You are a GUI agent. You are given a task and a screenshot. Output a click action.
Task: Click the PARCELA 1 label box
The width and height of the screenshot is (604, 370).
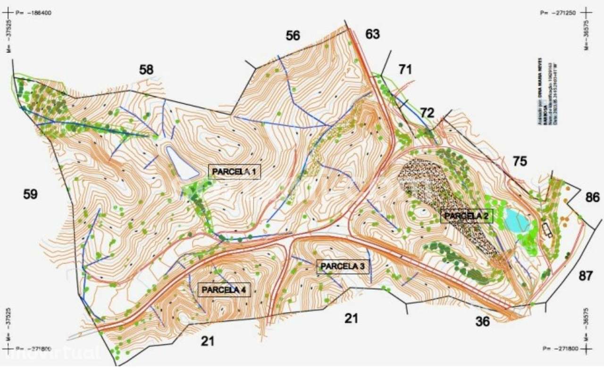pos(235,172)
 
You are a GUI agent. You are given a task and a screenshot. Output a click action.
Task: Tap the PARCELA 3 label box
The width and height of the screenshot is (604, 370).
pos(343,267)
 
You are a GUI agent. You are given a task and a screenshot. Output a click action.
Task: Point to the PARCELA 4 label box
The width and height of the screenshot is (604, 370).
pos(224,289)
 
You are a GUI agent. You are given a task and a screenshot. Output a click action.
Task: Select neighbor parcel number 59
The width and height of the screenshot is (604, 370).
pos(31,194)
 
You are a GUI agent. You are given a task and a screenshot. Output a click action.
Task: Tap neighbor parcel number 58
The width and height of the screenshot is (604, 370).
pos(146,70)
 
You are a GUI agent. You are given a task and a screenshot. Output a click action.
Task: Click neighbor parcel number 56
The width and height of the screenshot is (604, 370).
pos(293,35)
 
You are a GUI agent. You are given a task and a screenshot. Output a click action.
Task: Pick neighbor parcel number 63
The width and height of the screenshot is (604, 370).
pos(372,34)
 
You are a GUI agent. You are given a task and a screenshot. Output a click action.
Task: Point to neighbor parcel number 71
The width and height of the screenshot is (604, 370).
pos(405,70)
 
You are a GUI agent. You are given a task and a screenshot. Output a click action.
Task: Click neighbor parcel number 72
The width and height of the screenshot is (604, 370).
pos(427,113)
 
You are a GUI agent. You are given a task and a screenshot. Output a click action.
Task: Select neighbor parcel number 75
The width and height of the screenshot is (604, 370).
pos(520,161)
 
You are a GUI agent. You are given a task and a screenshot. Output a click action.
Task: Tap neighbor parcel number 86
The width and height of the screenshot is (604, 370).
pos(592,197)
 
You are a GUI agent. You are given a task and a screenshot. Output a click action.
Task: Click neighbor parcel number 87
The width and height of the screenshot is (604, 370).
pos(585,276)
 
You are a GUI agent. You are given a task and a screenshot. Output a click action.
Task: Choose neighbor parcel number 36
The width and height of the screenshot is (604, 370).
pos(482,322)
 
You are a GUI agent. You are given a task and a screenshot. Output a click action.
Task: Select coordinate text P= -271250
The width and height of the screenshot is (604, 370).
pos(557,13)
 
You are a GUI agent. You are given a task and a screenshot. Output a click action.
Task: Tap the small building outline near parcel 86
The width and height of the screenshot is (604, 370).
pos(547,229)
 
